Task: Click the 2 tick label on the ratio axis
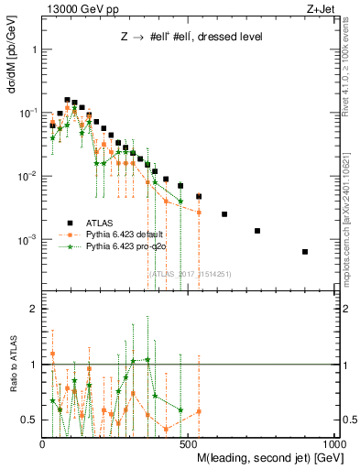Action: (x=33, y=310)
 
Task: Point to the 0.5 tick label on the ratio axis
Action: (x=29, y=420)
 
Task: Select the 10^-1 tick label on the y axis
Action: (x=27, y=113)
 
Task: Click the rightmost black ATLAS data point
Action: (x=305, y=252)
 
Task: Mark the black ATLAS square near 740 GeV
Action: (x=257, y=231)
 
